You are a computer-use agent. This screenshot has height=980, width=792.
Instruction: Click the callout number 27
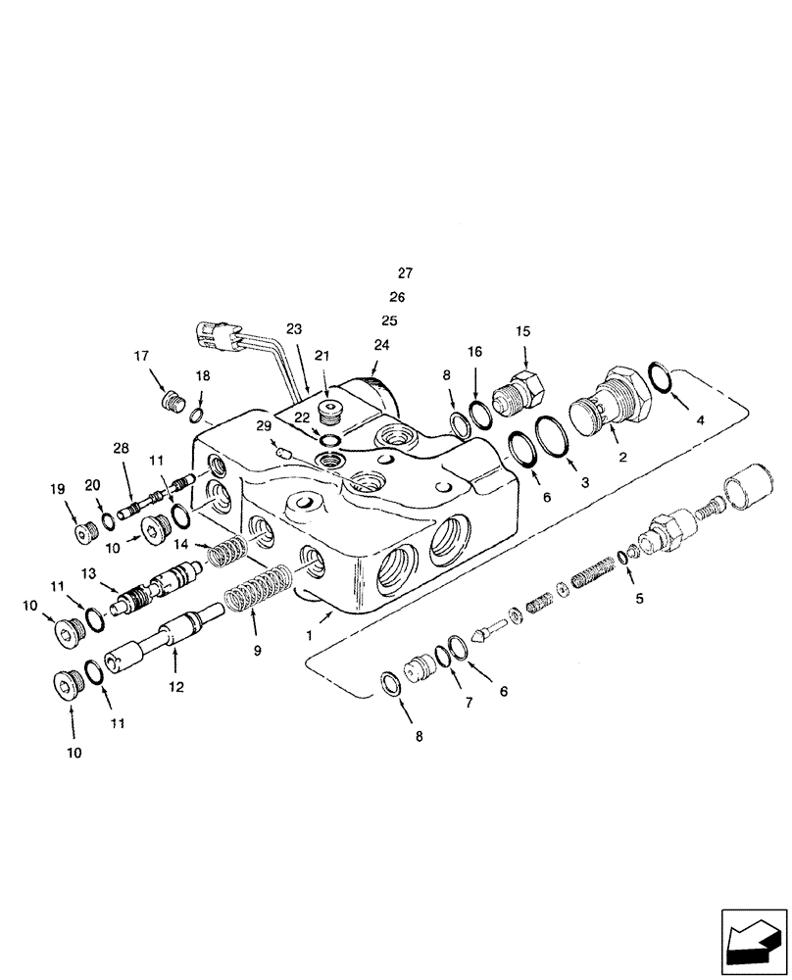406,272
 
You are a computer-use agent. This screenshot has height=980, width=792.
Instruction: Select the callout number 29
263,425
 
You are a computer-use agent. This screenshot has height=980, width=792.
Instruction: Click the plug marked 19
83,531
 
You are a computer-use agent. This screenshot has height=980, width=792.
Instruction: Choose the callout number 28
121,449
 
